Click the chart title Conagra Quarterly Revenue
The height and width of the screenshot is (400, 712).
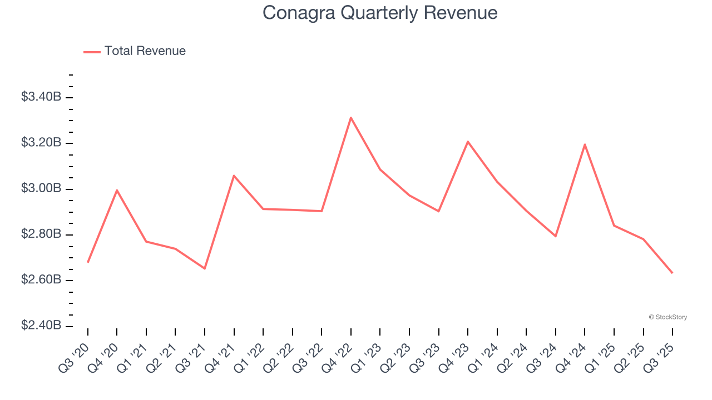click(380, 12)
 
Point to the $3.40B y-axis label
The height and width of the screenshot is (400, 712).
click(41, 97)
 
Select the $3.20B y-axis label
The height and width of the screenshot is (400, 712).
click(41, 143)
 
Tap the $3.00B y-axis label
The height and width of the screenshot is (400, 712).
click(41, 188)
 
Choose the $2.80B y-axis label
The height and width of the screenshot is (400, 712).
click(41, 234)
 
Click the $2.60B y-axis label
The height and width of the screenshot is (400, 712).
click(41, 279)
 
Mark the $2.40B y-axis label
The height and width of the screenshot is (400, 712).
click(41, 325)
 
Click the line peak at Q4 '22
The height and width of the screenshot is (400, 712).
click(351, 117)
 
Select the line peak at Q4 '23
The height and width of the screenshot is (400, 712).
click(468, 142)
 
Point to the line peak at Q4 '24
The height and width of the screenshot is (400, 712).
click(585, 144)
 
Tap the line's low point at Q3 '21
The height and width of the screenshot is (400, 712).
click(205, 268)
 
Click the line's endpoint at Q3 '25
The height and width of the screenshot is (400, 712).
click(673, 273)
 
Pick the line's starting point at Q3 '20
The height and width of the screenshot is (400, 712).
click(88, 262)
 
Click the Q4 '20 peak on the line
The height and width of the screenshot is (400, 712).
click(117, 190)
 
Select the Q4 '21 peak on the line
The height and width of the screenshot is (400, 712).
click(234, 176)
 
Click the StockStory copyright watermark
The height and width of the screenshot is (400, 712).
click(667, 317)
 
